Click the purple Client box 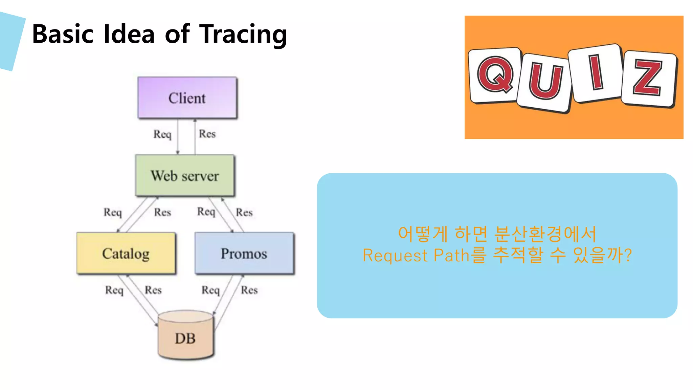[x=187, y=98]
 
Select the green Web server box [x=185, y=176]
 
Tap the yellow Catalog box [x=126, y=254]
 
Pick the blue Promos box [x=244, y=254]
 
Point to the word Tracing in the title [x=243, y=35]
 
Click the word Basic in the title [x=63, y=34]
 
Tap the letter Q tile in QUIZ [x=495, y=75]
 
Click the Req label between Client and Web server [x=162, y=134]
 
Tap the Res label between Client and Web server [x=207, y=134]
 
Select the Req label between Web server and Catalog [x=113, y=212]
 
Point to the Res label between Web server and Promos [x=244, y=212]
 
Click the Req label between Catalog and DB [x=114, y=290]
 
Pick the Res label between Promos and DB [x=249, y=290]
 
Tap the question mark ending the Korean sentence [x=628, y=255]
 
